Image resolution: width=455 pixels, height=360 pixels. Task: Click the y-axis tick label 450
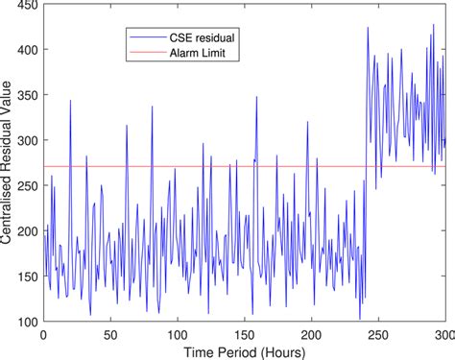[x=28, y=6]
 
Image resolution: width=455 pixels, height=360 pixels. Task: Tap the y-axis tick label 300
[x=28, y=140]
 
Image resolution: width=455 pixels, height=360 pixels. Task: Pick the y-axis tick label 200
[x=28, y=230]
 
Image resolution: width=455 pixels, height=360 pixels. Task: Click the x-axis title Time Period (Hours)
[x=245, y=351]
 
